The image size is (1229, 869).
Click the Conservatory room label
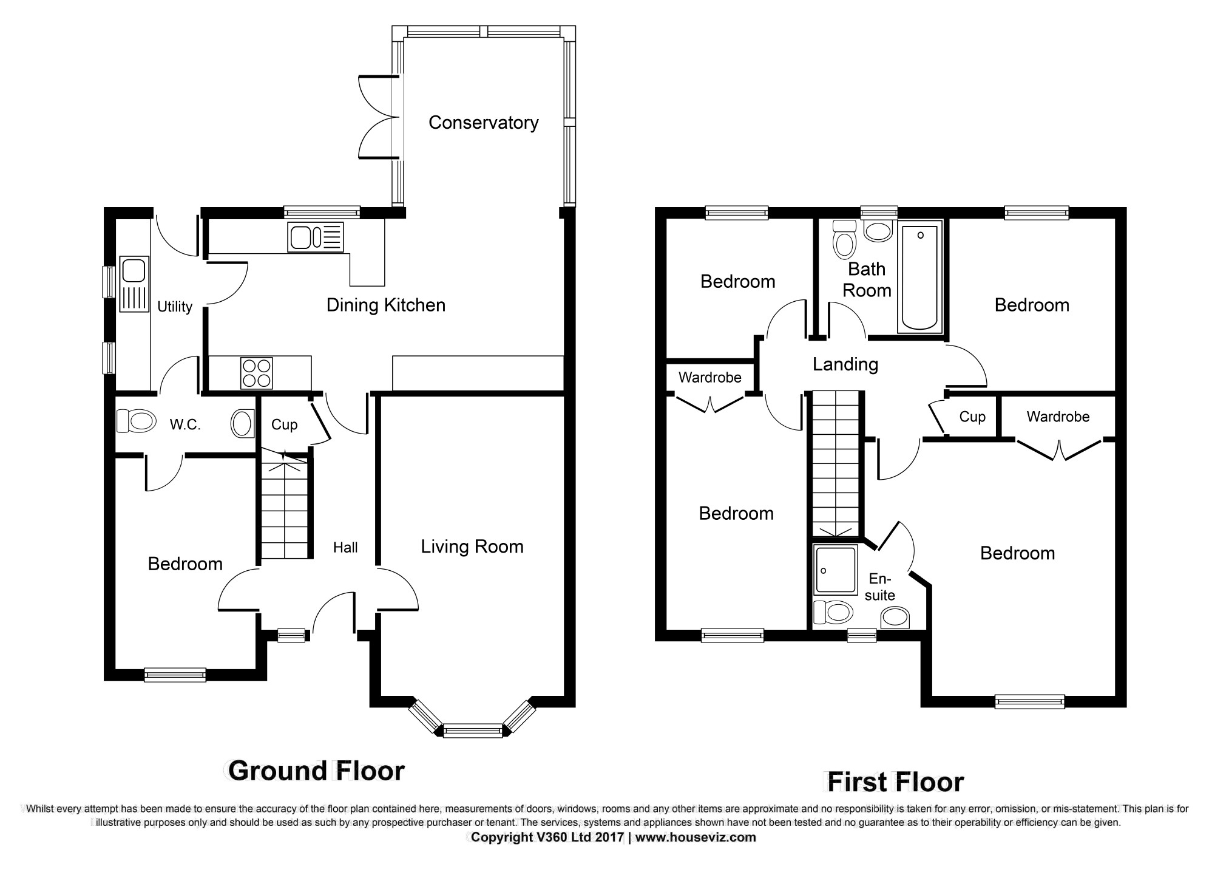[x=483, y=123]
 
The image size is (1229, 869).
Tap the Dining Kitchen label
[x=385, y=305]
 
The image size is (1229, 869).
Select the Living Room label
[x=472, y=547]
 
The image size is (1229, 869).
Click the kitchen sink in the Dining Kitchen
[x=316, y=237]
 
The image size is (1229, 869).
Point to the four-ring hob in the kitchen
[x=257, y=372]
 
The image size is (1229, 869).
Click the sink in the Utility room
[x=134, y=284]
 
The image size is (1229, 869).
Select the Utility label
[x=174, y=307]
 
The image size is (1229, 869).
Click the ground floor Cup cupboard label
[x=284, y=424]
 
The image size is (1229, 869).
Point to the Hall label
[x=345, y=548]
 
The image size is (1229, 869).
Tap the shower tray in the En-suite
[x=835, y=569]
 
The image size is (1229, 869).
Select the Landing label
[x=845, y=364]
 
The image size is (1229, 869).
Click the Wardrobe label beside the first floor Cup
[x=1057, y=417]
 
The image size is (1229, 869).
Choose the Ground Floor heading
[x=316, y=771]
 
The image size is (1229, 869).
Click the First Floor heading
[x=895, y=782]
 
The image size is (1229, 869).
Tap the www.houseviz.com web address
[x=696, y=837]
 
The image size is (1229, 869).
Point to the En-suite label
[x=879, y=587]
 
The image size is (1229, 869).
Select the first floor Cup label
[x=972, y=417]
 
